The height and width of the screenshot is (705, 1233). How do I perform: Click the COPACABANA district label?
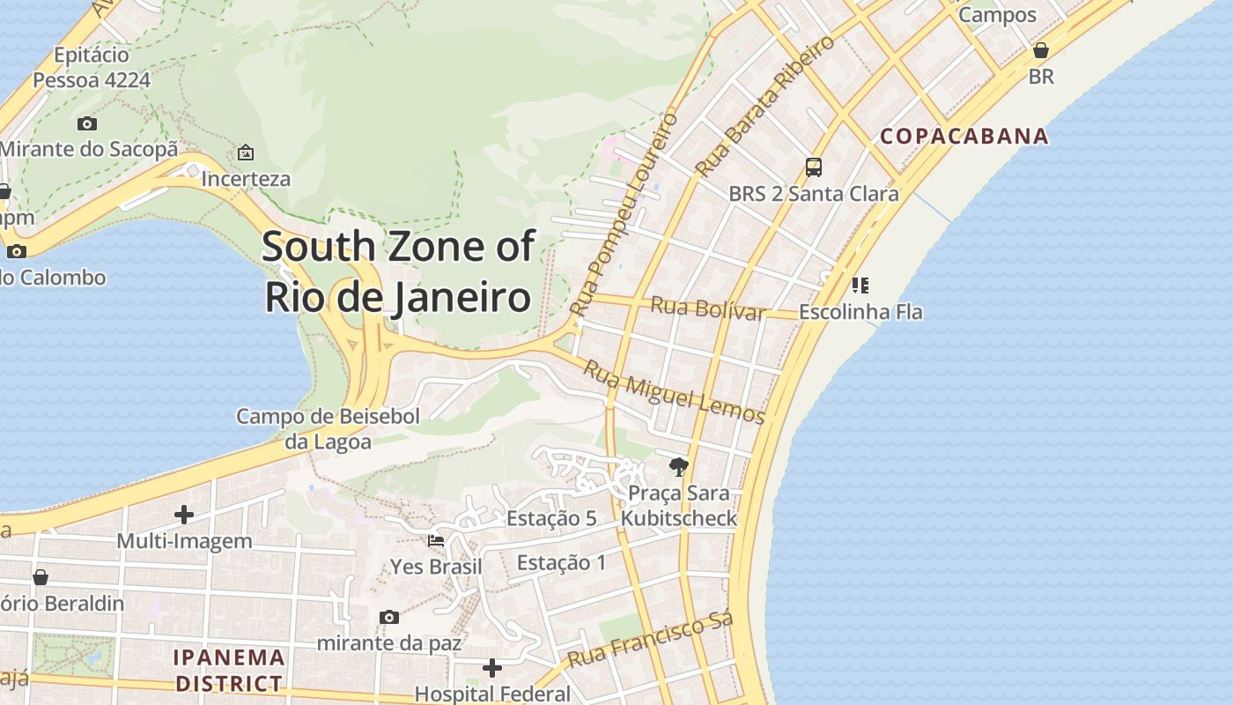pos(964,136)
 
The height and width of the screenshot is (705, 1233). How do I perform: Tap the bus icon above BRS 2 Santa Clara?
pos(814,167)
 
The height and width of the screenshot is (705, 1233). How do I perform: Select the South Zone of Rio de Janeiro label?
pos(398,271)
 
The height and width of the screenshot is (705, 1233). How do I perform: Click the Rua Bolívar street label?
pos(707,308)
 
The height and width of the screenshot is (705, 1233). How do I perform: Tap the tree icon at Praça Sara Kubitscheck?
pos(678,466)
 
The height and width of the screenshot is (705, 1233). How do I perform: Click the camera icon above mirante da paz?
pos(389,617)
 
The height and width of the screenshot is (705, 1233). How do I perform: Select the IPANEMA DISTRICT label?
pos(229,670)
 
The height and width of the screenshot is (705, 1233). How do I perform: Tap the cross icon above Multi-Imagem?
pos(184,514)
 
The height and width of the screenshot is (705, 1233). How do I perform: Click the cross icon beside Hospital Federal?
pos(492,668)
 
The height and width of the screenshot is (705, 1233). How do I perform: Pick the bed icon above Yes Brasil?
pos(436,540)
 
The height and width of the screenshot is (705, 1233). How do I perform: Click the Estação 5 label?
pos(551,518)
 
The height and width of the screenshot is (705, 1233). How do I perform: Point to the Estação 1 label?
pos(561,562)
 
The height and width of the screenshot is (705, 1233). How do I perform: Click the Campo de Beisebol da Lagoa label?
pos(328,428)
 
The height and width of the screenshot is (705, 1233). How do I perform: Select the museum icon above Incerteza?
pos(246,152)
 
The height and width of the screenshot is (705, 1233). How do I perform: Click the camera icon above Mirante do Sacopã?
pos(87,123)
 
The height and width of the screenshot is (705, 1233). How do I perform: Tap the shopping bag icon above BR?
pos(1041,50)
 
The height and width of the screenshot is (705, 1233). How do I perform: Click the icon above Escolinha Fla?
pos(860,285)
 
